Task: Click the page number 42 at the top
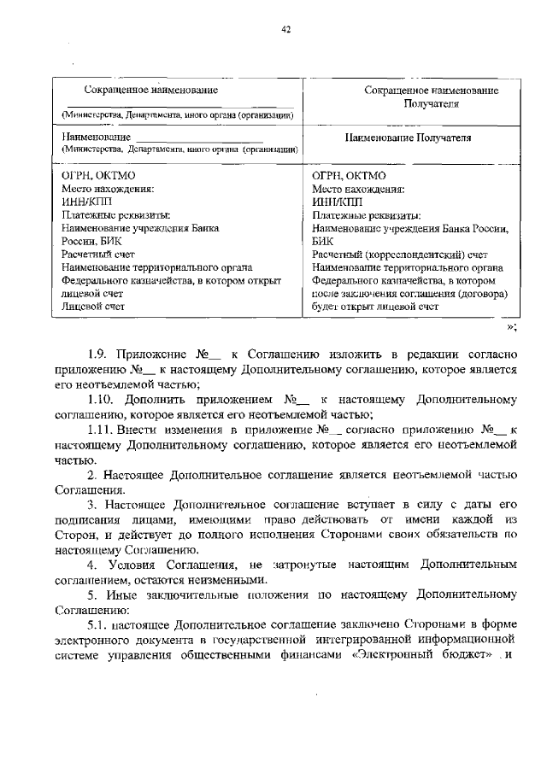pyautogui.click(x=286, y=29)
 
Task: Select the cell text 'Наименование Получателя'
pyautogui.click(x=408, y=137)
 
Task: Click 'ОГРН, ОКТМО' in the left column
pyautogui.click(x=93, y=176)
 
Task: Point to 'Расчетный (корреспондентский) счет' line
pyautogui.click(x=400, y=254)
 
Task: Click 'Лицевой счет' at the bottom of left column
pyautogui.click(x=91, y=305)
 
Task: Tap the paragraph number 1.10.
pyautogui.click(x=103, y=399)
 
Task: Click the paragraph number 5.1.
pyautogui.click(x=98, y=626)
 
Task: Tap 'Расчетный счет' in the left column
pyautogui.click(x=98, y=254)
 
